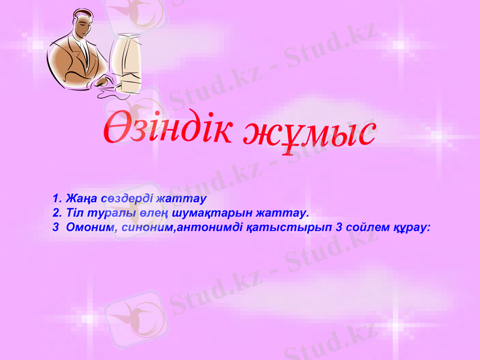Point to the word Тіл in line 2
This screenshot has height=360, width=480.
click(74, 213)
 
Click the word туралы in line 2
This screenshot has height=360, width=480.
click(104, 213)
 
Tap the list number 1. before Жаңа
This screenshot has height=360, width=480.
click(57, 198)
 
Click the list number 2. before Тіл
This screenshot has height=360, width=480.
click(57, 213)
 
